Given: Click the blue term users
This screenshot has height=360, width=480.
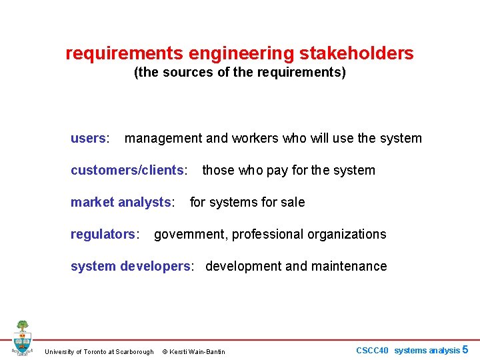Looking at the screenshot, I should coord(88,138).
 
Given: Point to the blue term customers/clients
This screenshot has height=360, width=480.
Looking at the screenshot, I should coord(127,170).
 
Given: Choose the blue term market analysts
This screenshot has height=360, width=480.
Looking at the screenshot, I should coord(121,202).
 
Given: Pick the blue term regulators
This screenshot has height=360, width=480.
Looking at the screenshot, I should coord(103,234).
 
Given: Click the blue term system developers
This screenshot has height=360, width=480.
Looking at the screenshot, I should coord(131,266).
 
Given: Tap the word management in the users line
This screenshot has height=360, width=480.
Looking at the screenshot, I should coord(163,138).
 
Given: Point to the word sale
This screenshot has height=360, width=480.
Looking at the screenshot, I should coord(292,202).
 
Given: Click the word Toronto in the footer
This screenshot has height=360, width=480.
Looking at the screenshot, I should coord(98,351).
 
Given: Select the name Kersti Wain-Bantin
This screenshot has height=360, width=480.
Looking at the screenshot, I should coord(199,351).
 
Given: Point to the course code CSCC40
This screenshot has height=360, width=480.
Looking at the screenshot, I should coord(372,350).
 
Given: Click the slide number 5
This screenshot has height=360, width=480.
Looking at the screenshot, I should coord(465,349).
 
